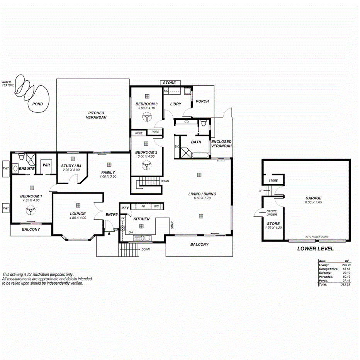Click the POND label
point(37,104)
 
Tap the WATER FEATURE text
point(7,84)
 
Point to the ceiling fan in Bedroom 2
point(146,166)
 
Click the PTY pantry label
point(125,208)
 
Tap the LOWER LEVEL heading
point(315,249)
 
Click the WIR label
point(46,165)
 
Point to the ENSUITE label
point(27,169)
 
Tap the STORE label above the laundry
point(169,83)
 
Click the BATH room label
point(196,142)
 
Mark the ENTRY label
point(112,214)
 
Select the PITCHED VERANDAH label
point(96,115)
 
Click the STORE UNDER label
point(272,213)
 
